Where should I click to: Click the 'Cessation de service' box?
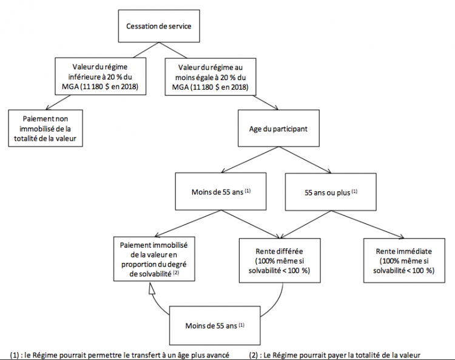coord(159,26)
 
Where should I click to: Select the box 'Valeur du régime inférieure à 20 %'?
coord(100,76)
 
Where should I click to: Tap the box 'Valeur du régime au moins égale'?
coord(211,76)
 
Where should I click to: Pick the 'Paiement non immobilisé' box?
coord(45,128)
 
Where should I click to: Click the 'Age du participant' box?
coord(278,128)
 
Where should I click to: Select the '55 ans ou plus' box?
coord(331,192)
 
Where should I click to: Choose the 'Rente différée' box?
coord(280,260)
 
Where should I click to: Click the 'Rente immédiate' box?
coord(404,260)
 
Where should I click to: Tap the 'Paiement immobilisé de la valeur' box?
coord(154,259)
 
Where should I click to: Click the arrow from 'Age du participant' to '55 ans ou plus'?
coord(305,160)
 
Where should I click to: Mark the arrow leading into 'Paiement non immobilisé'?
coord(58,102)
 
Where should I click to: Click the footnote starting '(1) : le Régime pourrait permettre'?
coord(120,355)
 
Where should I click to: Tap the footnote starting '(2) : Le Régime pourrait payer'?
coord(334,355)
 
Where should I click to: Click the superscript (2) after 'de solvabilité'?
coord(176,273)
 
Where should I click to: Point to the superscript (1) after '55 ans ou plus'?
coord(354,191)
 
